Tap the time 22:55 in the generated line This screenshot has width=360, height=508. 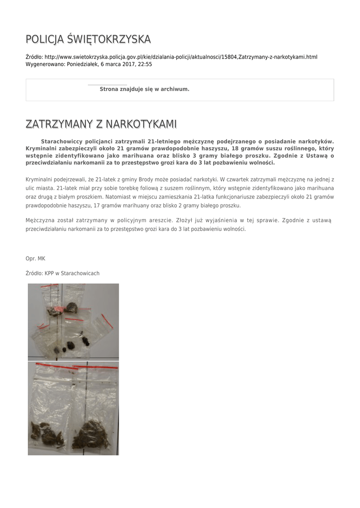click(x=145, y=64)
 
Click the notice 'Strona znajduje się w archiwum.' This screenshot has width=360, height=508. click(x=144, y=89)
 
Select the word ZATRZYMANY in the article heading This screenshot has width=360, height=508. click(x=57, y=124)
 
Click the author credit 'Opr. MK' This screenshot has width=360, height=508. click(x=35, y=258)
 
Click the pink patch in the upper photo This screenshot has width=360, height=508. click(x=56, y=309)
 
